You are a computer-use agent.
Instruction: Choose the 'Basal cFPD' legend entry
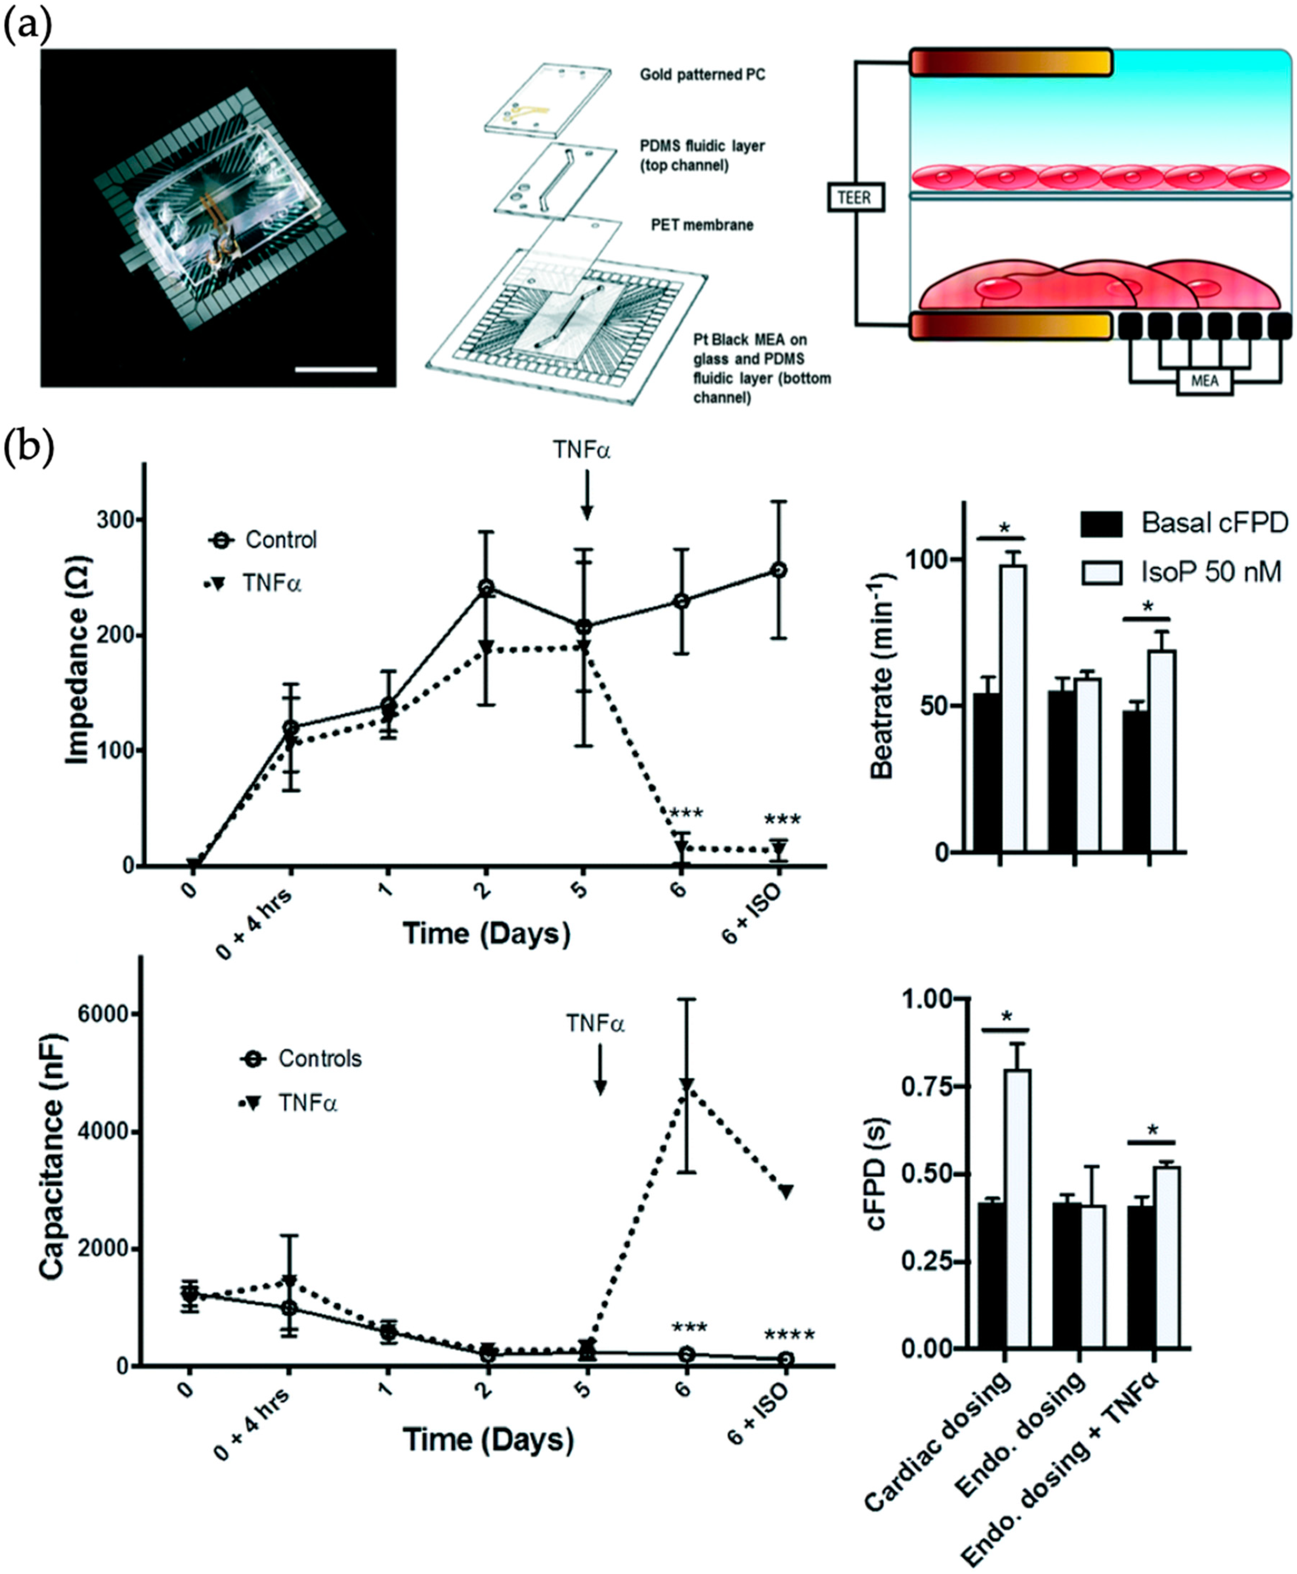pos(1214,524)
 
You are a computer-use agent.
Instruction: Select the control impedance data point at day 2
pos(487,588)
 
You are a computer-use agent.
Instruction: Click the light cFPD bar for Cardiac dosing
pos(1017,1210)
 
